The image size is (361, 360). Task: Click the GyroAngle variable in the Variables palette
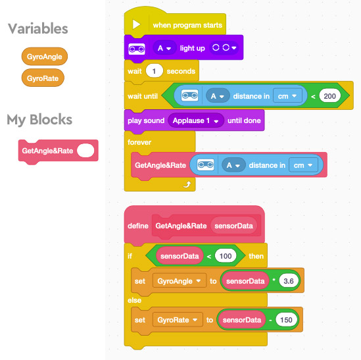pyautogui.click(x=45, y=57)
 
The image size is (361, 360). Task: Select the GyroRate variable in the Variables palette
pyautogui.click(x=43, y=78)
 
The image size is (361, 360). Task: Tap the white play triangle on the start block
pyautogui.click(x=136, y=24)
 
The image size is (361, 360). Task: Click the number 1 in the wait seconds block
pyautogui.click(x=154, y=71)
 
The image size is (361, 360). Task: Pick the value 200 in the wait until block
pyautogui.click(x=329, y=96)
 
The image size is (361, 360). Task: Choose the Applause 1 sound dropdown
pyautogui.click(x=196, y=120)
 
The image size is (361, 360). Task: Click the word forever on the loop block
pyautogui.click(x=139, y=142)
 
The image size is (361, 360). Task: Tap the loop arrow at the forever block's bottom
pyautogui.click(x=187, y=184)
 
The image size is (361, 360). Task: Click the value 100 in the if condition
pyautogui.click(x=226, y=256)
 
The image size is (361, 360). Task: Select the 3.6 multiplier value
pyautogui.click(x=289, y=281)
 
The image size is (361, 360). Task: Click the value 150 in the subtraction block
pyautogui.click(x=286, y=320)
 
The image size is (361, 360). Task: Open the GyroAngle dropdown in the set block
pyautogui.click(x=180, y=281)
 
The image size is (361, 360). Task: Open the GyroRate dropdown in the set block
pyautogui.click(x=178, y=320)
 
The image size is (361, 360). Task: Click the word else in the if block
pyautogui.click(x=134, y=300)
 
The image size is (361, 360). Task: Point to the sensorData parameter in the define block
pyautogui.click(x=233, y=226)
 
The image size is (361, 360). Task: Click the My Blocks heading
pyautogui.click(x=39, y=119)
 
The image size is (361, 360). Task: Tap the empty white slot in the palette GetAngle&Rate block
pyautogui.click(x=85, y=151)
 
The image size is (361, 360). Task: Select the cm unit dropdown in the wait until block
pyautogui.click(x=287, y=96)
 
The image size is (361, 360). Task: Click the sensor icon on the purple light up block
pyautogui.click(x=137, y=49)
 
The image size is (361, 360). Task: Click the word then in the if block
pyautogui.click(x=256, y=256)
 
